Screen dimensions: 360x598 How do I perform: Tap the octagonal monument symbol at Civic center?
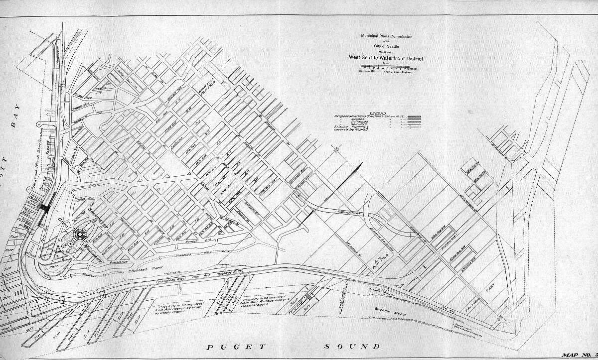point(80,235)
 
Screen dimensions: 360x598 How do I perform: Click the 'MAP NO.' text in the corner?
point(578,355)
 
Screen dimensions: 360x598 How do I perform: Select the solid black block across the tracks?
point(45,209)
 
